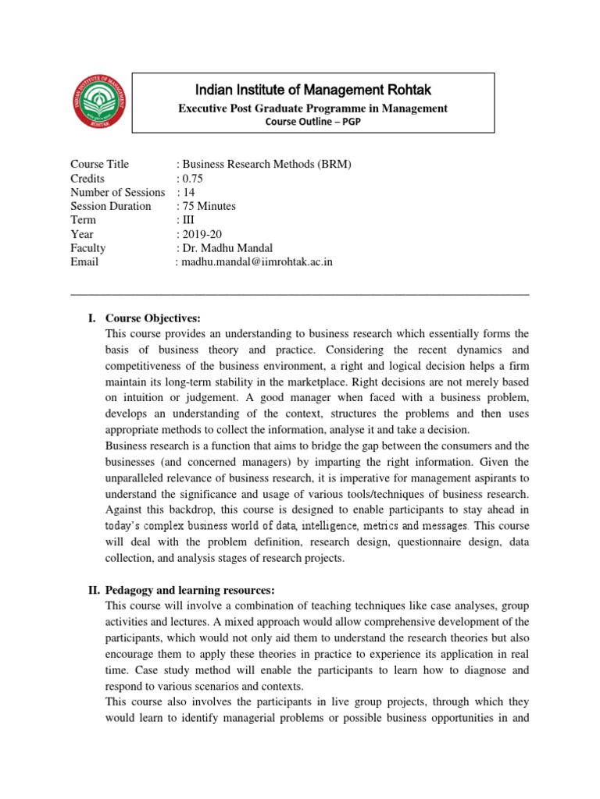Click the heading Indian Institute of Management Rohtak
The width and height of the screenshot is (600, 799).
(313, 90)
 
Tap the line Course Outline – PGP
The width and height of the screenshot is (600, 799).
(313, 121)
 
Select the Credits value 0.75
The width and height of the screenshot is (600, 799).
(192, 178)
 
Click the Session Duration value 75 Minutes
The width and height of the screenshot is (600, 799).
(209, 206)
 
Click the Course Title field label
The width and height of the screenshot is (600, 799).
(99, 164)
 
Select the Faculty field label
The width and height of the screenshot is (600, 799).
(87, 248)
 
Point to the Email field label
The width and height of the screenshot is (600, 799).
(84, 262)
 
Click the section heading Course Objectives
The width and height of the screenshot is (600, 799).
(153, 318)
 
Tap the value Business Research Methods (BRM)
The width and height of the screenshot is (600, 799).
(266, 164)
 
